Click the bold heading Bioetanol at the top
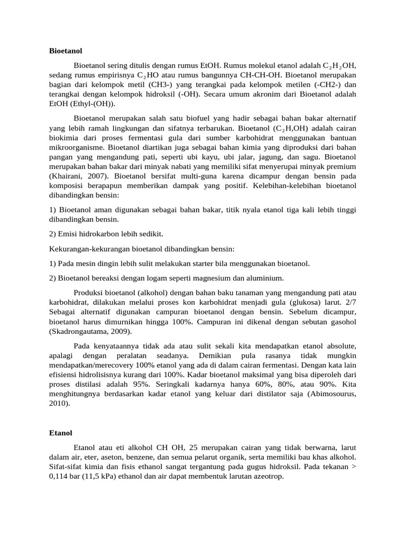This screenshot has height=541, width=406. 66,51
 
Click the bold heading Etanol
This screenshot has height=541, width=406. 60,433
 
